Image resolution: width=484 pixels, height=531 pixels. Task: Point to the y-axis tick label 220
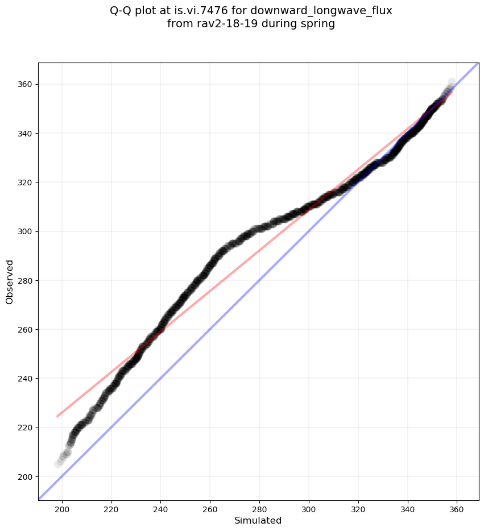pos(26,428)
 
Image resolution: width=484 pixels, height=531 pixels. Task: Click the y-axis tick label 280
pos(26,280)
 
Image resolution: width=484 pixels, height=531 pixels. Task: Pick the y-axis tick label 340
pos(26,133)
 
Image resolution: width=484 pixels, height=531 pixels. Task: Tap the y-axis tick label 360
pos(26,84)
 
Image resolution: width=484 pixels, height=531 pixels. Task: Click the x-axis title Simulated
pos(258,520)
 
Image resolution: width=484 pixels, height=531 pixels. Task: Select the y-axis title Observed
pos(10,281)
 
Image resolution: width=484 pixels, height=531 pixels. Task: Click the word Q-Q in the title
pos(121,11)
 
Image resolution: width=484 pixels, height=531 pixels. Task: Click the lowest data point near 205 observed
pos(58,464)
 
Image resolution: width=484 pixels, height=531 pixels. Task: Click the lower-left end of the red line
pos(57,416)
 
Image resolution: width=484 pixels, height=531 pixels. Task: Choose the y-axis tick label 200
pos(26,476)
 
